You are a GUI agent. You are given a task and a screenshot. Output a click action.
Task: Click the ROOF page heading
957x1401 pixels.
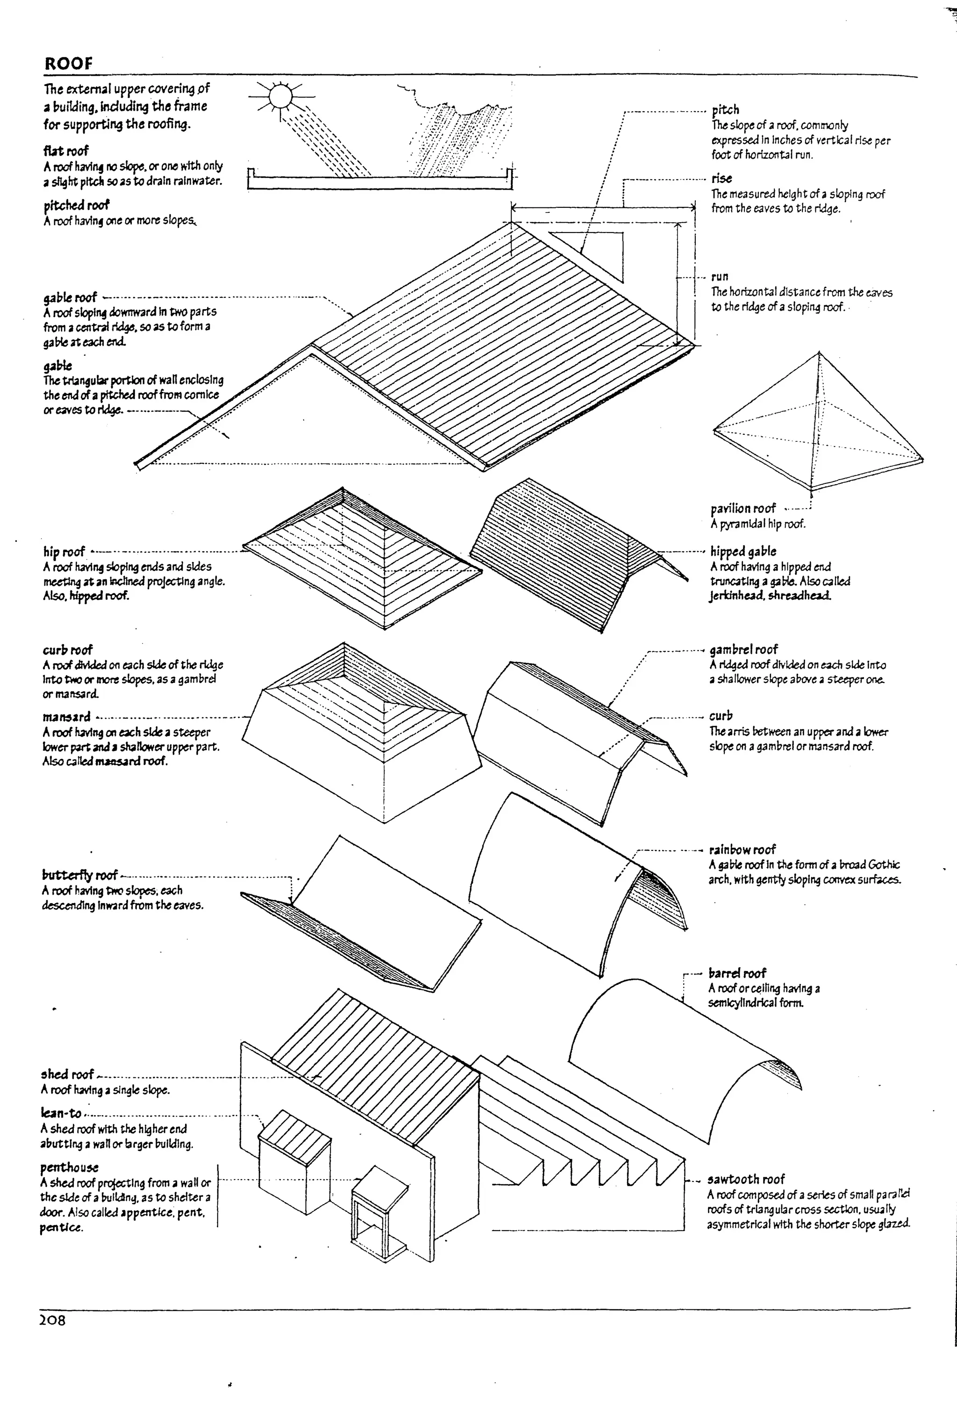tap(68, 64)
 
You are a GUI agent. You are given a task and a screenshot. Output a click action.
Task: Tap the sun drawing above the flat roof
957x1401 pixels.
tap(280, 97)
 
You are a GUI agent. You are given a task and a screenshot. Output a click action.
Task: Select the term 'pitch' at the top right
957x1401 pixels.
tap(725, 110)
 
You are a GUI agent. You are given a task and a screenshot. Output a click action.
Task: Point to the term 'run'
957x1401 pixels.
tap(720, 277)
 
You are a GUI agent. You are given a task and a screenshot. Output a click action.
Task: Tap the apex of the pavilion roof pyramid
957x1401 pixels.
tap(818, 353)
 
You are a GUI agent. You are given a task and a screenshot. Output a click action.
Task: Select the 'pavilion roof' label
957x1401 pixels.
tap(743, 508)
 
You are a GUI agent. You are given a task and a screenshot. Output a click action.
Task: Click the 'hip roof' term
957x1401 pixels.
tap(64, 552)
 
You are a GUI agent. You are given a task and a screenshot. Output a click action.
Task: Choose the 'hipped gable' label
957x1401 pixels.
tap(743, 551)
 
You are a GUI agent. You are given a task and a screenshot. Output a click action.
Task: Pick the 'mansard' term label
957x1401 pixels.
tap(66, 717)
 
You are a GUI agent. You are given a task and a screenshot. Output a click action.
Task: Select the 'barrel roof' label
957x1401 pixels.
tap(737, 973)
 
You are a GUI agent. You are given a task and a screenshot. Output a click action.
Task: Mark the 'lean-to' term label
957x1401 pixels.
tap(61, 1113)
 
